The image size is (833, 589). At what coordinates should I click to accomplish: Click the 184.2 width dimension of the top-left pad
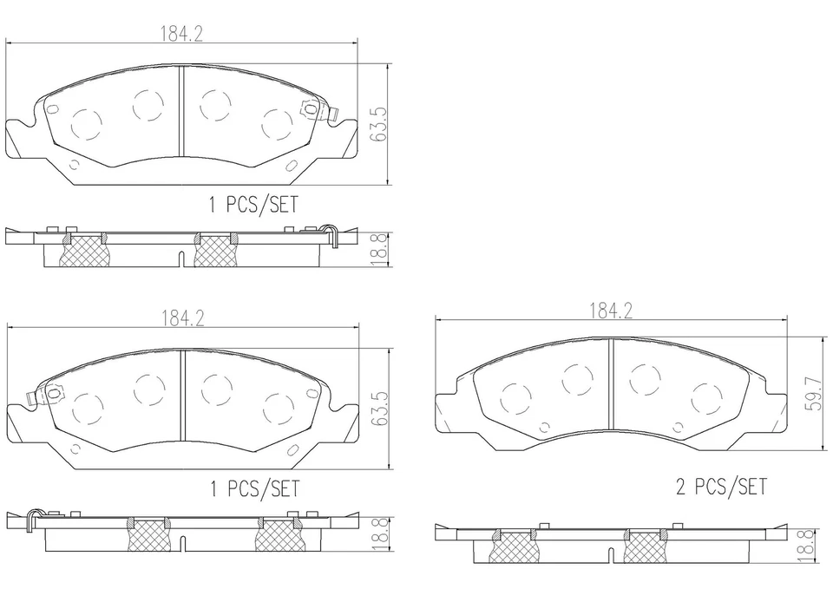[x=180, y=34]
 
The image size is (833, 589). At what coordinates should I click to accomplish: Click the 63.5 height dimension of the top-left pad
[x=378, y=123]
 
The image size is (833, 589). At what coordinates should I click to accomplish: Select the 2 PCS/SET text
[x=721, y=487]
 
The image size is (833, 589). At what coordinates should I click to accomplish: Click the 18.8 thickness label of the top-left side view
[x=378, y=251]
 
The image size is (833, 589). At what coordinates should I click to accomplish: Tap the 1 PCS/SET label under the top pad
[x=253, y=206]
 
